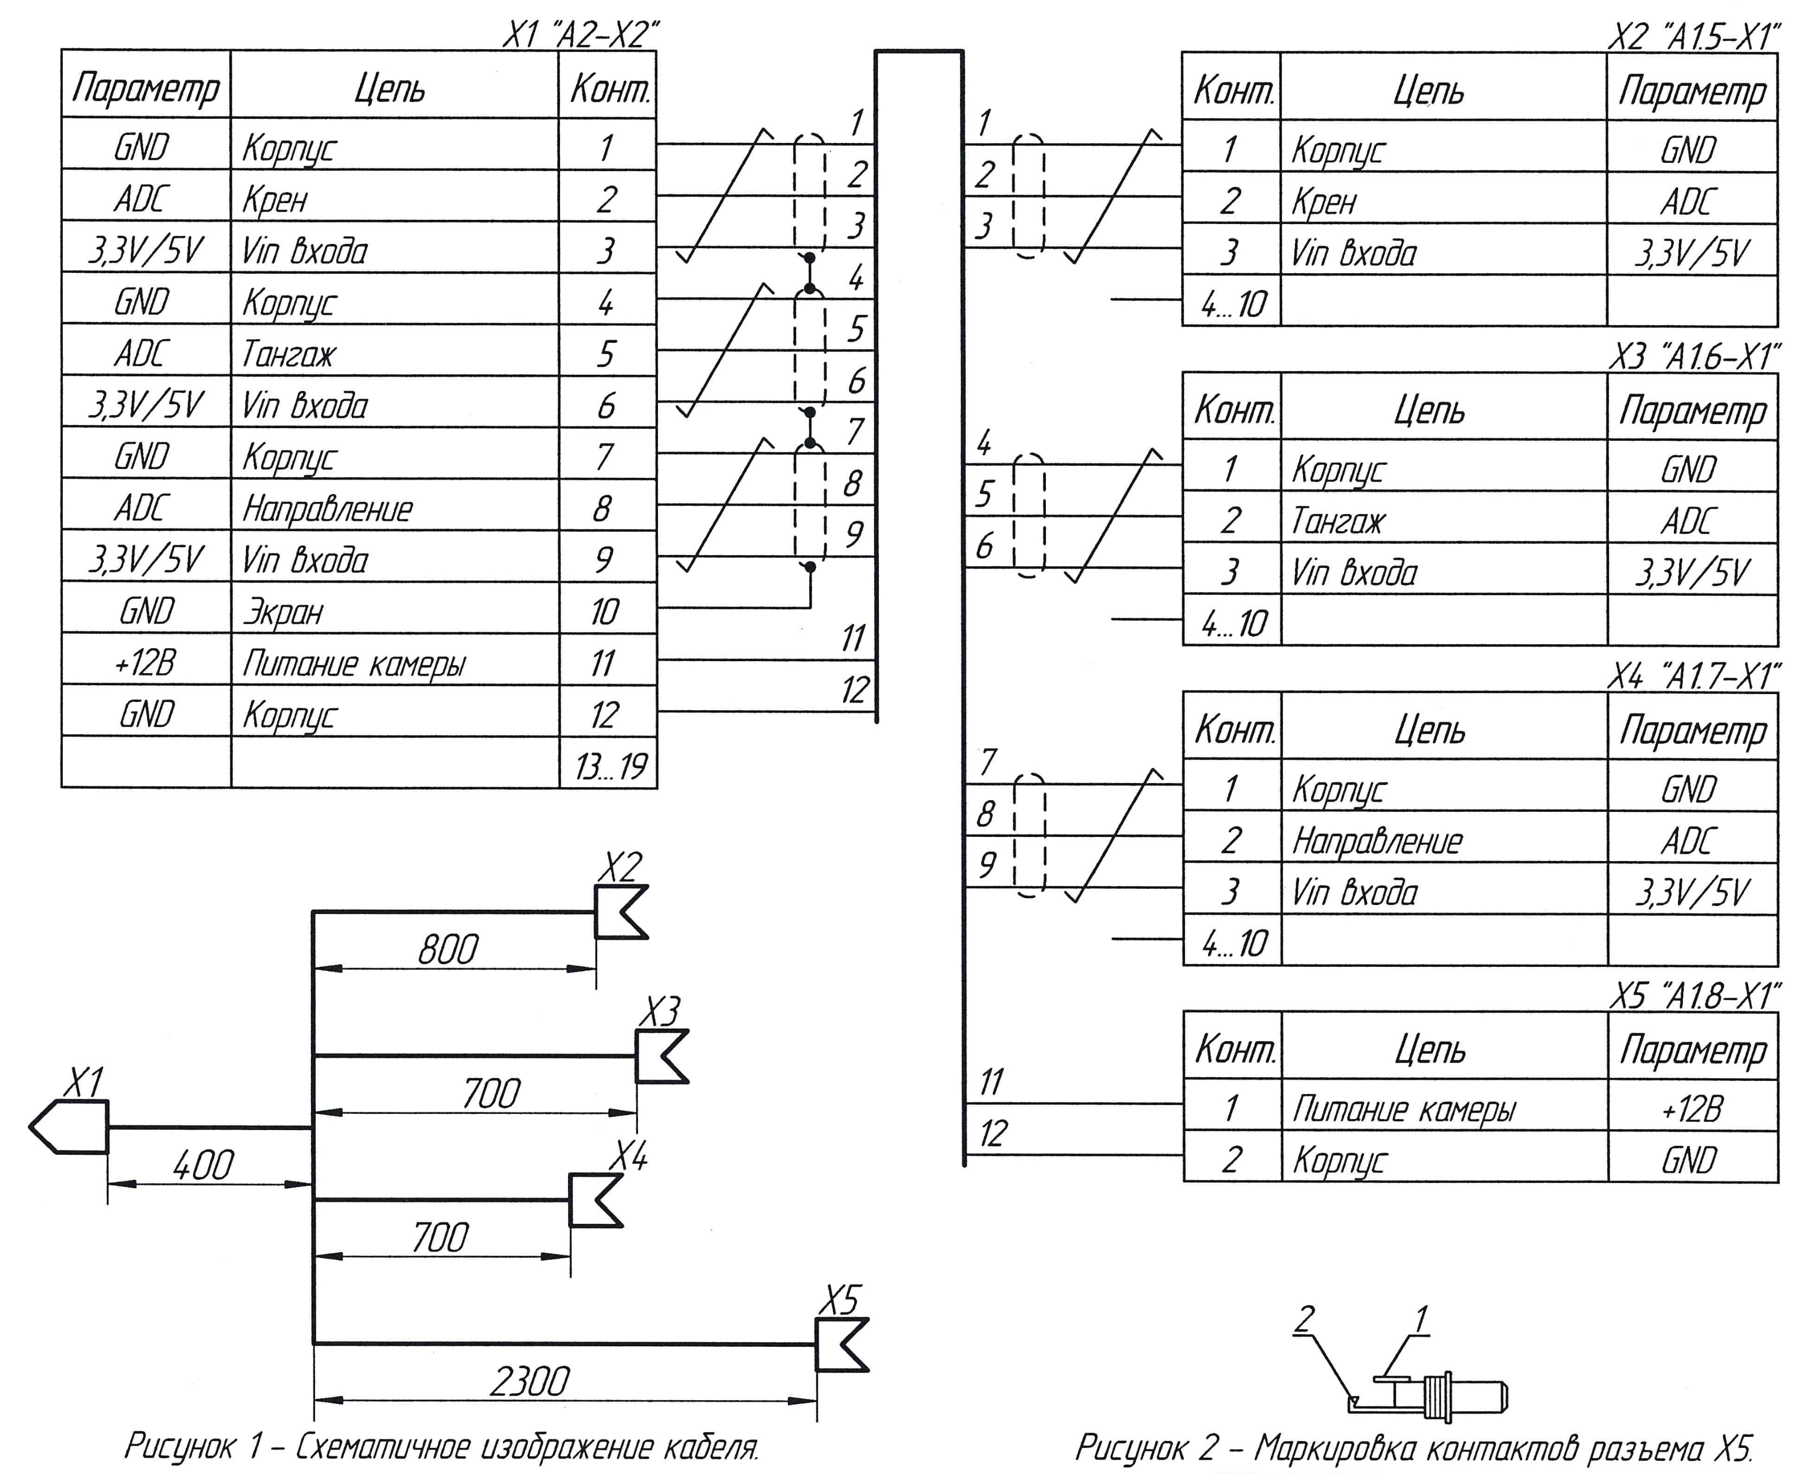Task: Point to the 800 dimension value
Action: click(448, 950)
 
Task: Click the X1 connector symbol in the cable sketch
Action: click(70, 1127)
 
